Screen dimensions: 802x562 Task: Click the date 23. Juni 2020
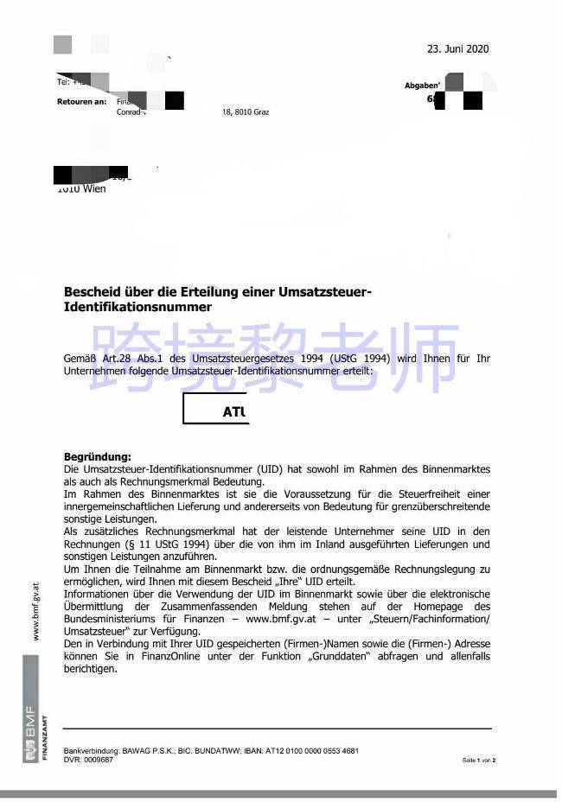(458, 49)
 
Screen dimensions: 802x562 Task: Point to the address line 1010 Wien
(82, 189)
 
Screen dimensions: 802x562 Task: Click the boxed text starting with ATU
(234, 412)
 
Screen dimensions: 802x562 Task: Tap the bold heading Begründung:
(98, 456)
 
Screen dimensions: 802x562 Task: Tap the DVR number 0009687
(99, 760)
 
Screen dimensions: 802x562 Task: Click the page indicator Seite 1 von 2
(478, 761)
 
